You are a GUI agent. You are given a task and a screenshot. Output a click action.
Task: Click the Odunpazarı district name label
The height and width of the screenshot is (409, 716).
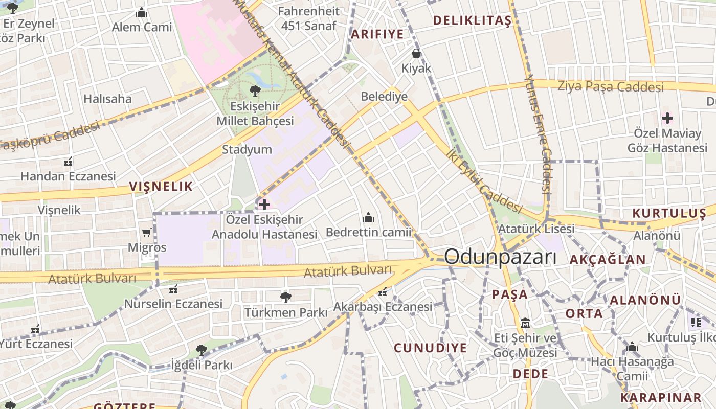point(500,257)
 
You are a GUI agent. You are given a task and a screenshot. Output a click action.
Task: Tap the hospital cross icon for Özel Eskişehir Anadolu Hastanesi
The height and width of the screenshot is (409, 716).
point(264,205)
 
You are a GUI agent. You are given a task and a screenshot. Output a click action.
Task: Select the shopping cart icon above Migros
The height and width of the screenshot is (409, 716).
point(147,232)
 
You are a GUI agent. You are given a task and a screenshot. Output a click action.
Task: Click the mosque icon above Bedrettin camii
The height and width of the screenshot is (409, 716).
point(368,218)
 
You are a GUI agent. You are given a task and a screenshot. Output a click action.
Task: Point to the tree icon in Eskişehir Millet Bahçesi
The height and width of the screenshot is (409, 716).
point(254,92)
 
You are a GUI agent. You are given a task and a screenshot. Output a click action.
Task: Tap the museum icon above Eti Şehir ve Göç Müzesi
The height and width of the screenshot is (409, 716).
point(525,323)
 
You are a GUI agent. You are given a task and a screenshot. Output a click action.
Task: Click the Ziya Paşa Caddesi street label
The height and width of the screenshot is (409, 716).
point(611,86)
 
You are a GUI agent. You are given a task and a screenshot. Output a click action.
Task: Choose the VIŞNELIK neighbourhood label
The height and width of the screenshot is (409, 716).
point(161,186)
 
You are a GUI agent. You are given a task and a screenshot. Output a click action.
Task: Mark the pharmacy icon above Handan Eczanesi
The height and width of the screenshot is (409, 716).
point(68,162)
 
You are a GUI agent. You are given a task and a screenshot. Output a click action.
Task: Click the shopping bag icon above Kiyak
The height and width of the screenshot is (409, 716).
point(416,53)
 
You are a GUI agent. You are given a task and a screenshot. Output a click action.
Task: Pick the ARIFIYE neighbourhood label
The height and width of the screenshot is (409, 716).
point(377,34)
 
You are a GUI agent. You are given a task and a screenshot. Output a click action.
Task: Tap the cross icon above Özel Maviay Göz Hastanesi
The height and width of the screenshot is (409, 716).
point(667,119)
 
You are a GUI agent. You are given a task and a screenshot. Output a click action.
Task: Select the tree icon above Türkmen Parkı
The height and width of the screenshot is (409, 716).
point(285,297)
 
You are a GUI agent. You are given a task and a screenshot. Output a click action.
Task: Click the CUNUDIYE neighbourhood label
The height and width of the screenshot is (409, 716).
point(430,348)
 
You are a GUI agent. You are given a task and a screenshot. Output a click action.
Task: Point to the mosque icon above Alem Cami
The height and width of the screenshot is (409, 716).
point(142,12)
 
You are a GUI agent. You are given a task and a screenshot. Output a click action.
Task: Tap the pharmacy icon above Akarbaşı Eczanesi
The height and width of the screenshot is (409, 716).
point(383,292)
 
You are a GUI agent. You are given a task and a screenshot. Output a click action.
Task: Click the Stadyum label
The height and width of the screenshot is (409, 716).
point(247,150)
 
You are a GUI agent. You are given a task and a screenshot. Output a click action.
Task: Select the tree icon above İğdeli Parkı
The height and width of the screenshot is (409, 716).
point(201,350)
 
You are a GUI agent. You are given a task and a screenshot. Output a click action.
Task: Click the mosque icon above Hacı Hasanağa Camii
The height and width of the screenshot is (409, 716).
point(632,348)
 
